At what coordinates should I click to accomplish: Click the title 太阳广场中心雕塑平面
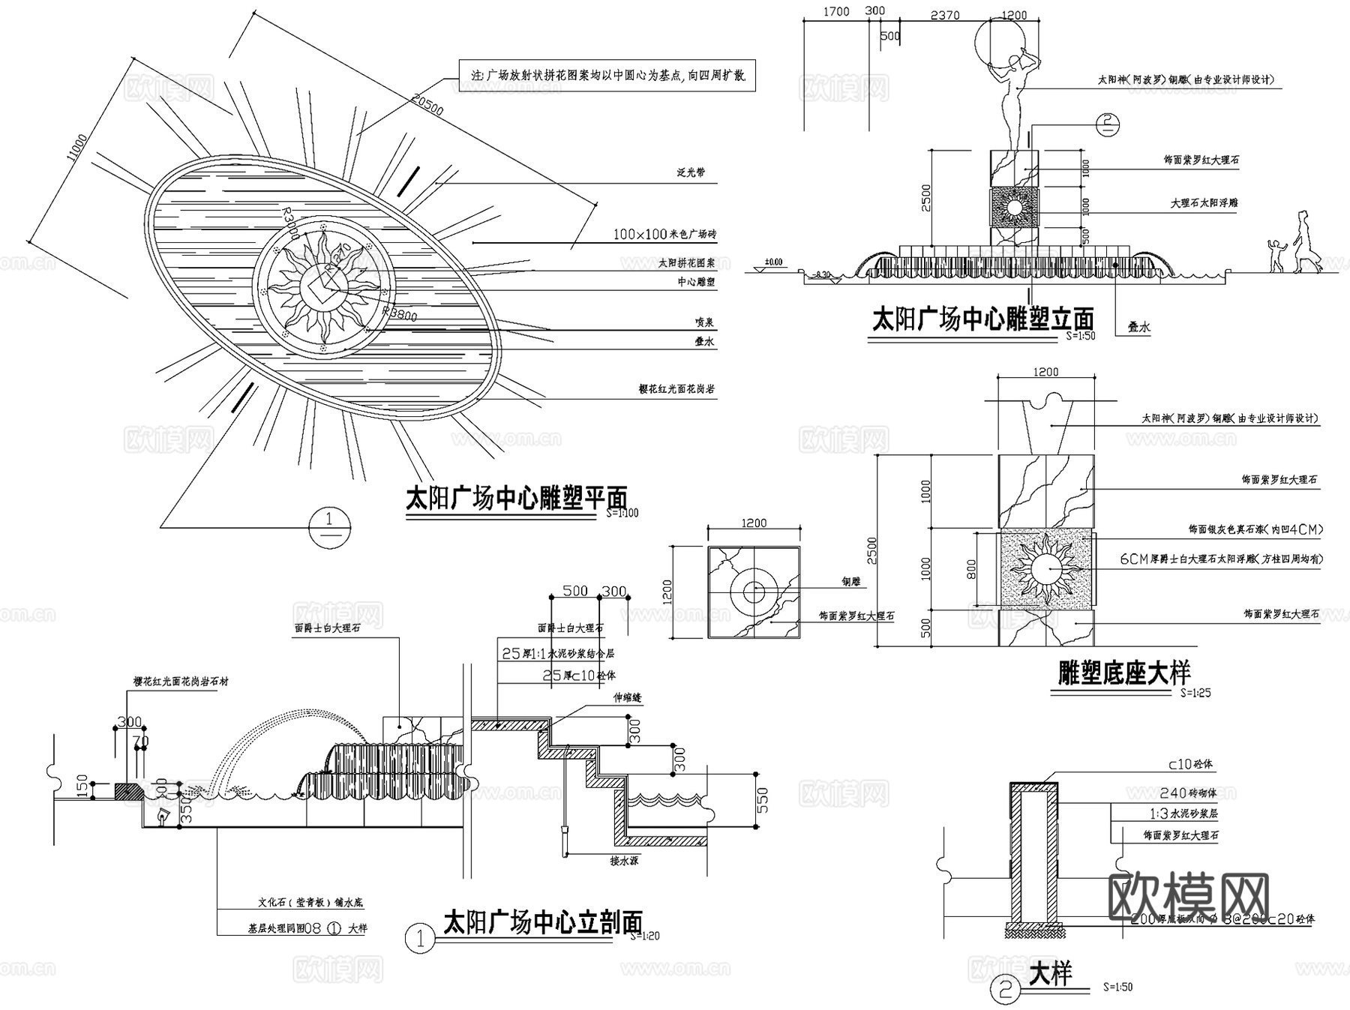pos(516,498)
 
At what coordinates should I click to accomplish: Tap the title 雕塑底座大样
pos(1123,673)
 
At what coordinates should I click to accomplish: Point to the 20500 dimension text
pos(427,106)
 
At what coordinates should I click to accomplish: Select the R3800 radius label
pos(399,313)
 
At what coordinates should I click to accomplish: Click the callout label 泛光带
pos(691,173)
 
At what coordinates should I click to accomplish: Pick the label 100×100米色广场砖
pos(664,235)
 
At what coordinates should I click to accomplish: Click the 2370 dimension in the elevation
pos(944,15)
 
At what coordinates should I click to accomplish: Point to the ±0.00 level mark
pos(772,262)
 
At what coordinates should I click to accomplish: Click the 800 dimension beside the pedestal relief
pos(971,570)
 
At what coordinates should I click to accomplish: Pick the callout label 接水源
pos(624,862)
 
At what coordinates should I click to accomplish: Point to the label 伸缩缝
pos(628,698)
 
